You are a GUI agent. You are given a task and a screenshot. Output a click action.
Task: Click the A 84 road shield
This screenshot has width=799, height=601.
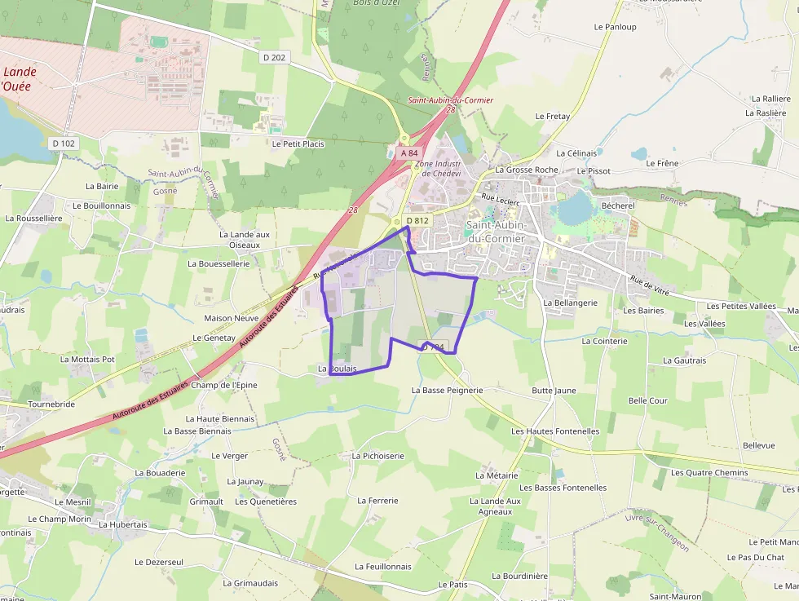pos(409,152)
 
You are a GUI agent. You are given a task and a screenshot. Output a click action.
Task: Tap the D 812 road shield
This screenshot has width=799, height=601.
pos(417,220)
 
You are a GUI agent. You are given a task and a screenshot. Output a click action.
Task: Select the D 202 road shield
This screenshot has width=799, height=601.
pos(275,57)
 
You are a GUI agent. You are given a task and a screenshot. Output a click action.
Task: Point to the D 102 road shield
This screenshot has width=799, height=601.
pos(63,144)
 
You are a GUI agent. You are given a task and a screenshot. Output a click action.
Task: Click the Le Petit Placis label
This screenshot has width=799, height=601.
pos(298,144)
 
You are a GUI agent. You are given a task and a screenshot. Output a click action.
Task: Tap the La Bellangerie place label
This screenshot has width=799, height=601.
pos(570,303)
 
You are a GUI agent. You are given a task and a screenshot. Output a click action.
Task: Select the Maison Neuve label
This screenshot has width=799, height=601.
pos(232,318)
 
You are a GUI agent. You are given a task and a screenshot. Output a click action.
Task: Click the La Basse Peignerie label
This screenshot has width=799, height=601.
pos(447,390)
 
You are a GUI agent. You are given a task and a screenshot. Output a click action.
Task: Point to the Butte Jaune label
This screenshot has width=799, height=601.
pos(554,391)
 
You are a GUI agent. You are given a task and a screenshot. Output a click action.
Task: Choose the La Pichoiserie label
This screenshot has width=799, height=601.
pos(377,456)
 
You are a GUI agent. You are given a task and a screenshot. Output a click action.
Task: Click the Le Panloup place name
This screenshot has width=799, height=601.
pos(615,27)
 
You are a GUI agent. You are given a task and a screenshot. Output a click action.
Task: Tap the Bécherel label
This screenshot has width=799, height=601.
pos(617,206)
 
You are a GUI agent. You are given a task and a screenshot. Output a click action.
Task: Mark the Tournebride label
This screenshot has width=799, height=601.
pos(51,404)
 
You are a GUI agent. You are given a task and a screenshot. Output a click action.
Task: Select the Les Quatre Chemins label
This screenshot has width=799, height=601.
pos(709,472)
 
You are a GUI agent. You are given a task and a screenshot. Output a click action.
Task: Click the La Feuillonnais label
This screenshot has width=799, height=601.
pos(383,566)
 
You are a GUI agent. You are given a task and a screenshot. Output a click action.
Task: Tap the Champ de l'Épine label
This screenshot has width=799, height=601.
pos(223,385)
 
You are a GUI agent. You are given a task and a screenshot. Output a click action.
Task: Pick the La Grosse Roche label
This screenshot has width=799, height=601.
pos(526,170)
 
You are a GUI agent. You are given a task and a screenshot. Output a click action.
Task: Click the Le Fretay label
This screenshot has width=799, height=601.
pos(553,117)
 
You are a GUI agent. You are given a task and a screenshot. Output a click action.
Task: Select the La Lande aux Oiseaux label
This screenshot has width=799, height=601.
pos(245,239)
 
